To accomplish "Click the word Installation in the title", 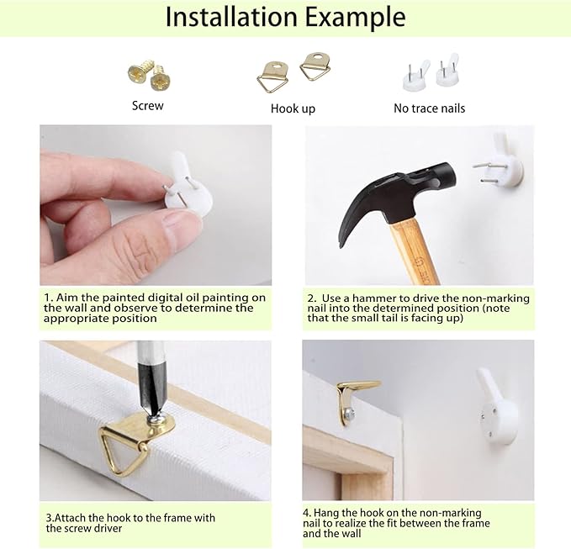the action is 231,17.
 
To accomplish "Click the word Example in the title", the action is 356,18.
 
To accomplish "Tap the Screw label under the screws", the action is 147,106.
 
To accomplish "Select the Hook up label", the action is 293,108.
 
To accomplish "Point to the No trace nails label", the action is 430,108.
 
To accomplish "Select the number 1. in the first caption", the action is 49,298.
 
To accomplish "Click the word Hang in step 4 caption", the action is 326,513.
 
